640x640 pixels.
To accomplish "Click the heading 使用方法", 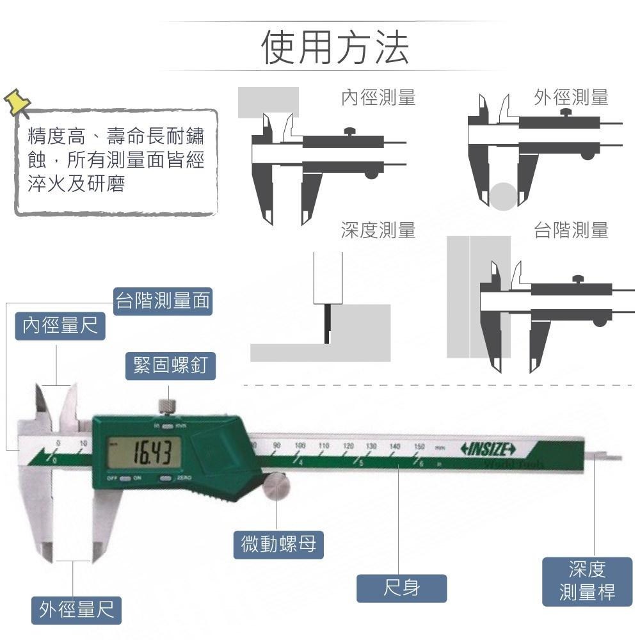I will click(335, 47).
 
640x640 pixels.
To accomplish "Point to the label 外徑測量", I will click(571, 97).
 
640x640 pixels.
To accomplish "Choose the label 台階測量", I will click(571, 230).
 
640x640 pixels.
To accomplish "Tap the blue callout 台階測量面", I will click(163, 301).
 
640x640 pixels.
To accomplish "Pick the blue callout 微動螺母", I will click(278, 545).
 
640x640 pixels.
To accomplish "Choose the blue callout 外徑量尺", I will click(77, 610).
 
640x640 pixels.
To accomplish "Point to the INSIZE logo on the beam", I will click(488, 449).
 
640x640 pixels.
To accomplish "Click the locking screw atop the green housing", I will click(168, 406).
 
